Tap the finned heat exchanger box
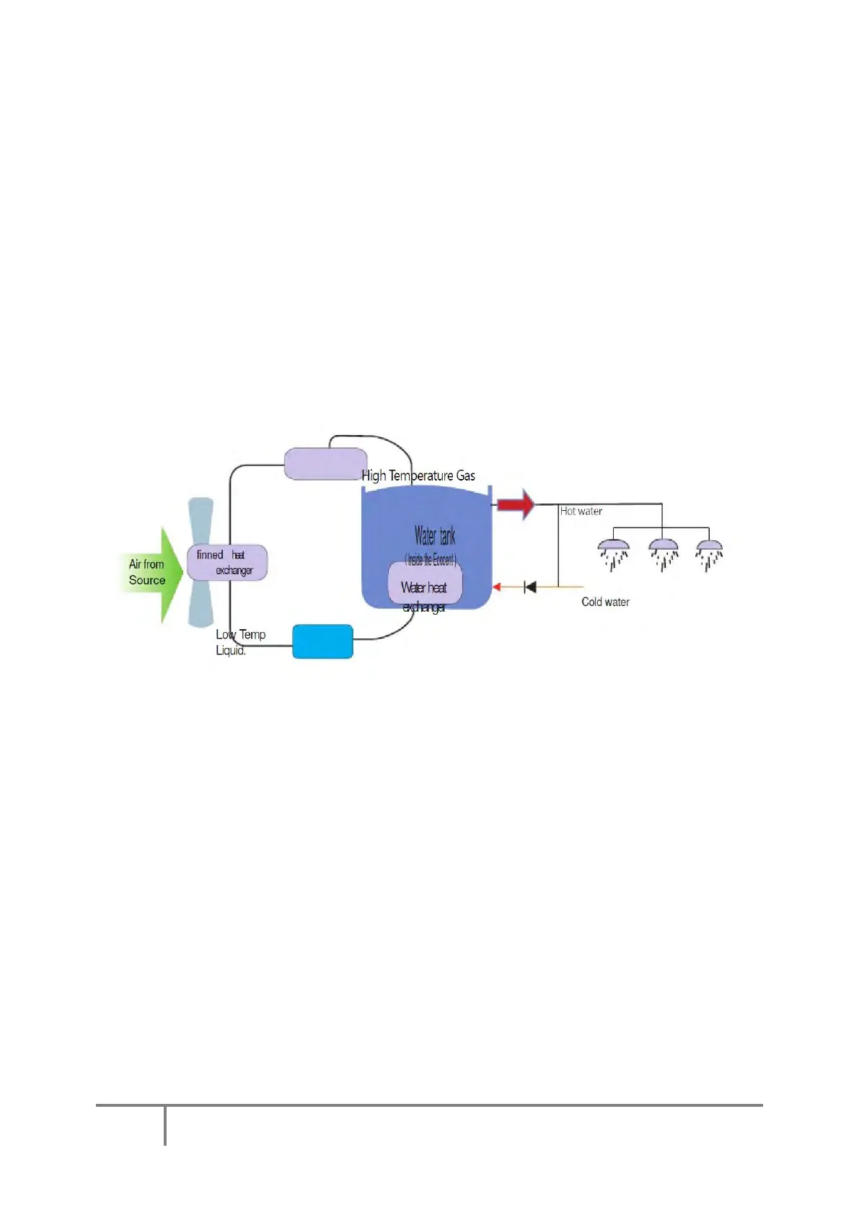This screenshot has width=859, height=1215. coord(227,563)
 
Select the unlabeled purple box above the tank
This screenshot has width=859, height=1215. coord(325,464)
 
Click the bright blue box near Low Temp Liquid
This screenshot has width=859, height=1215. coord(322,641)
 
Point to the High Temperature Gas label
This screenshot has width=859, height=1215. coord(418,475)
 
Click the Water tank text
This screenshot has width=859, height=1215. coord(434,536)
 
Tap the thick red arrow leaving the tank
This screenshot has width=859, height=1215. coord(516,504)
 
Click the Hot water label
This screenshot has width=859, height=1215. coord(581,512)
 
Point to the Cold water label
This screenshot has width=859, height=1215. coord(605,602)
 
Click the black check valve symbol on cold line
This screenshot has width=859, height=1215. coord(530,587)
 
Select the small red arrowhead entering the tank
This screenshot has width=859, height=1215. coord(496,587)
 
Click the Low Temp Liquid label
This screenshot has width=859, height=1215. coord(240,642)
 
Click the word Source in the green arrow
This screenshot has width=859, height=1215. coord(147,580)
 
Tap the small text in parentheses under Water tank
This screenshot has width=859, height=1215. coord(431,560)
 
